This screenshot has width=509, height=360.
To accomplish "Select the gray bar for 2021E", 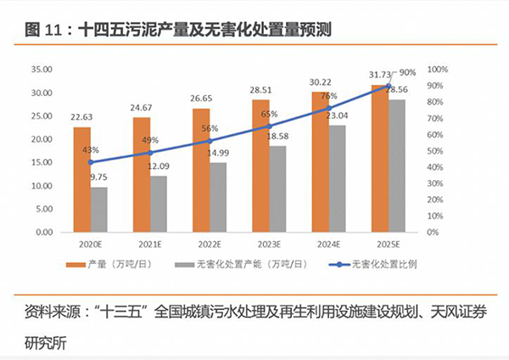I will pos(158,204).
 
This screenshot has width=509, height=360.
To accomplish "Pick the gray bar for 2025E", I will pos(396,166).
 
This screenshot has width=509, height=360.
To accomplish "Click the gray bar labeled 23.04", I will pos(337,179).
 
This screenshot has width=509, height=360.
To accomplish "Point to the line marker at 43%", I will pos(91,161).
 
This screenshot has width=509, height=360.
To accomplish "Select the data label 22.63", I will pos(83,117).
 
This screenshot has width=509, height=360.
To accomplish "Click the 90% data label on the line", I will pos(406,73).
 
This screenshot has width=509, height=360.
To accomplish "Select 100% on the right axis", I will pos(437,70).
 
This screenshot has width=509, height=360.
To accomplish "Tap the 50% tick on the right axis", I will pos(434,151).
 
